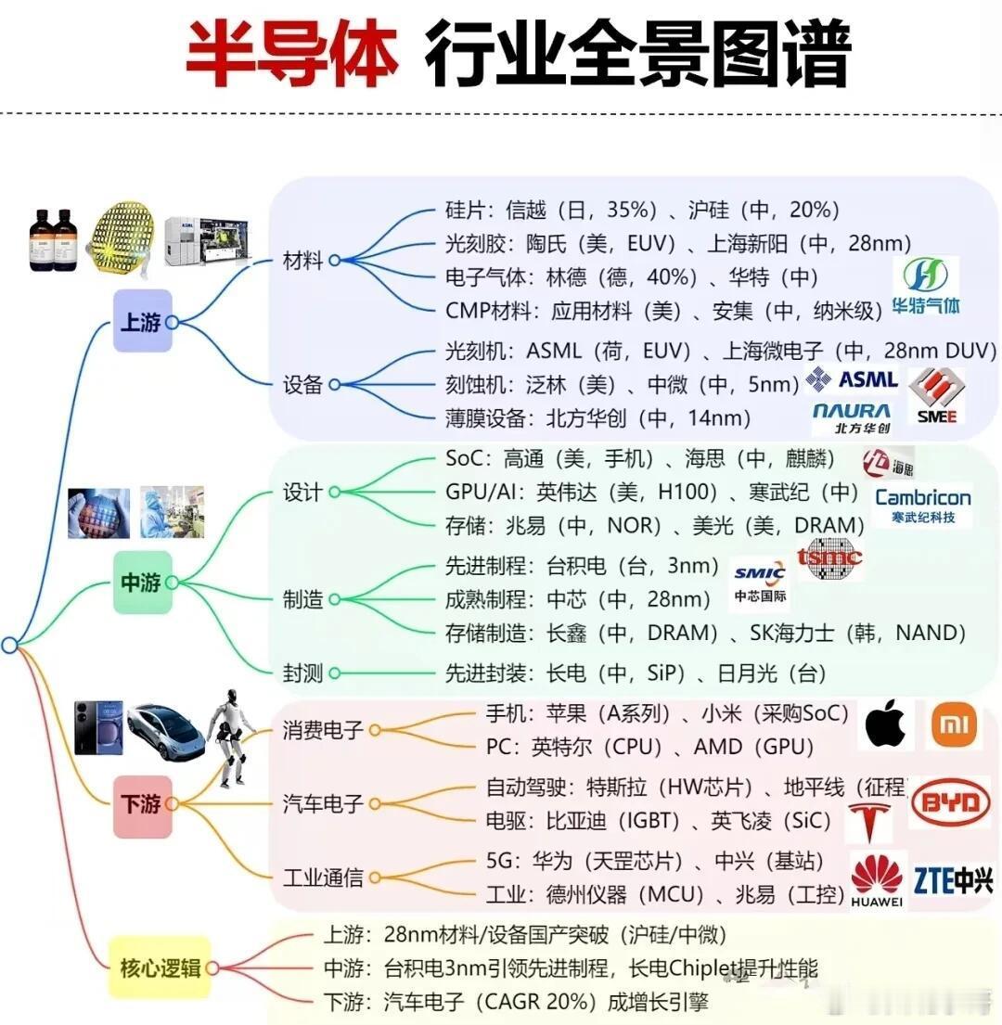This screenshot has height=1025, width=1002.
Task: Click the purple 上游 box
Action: (142, 321)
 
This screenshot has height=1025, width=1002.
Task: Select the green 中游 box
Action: (142, 583)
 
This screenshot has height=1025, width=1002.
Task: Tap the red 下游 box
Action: (142, 805)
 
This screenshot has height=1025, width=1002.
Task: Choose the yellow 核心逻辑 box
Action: (160, 968)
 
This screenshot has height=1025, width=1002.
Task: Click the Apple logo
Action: (885, 725)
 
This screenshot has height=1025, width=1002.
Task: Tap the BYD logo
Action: (949, 802)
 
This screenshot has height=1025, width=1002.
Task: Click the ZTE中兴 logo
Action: (953, 878)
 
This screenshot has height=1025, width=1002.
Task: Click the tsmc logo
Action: (829, 558)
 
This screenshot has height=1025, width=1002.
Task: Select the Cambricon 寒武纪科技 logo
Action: (922, 504)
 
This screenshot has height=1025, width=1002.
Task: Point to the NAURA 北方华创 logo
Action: (850, 417)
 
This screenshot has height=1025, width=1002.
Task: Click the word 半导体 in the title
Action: (291, 54)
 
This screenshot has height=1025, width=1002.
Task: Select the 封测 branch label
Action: (302, 673)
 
